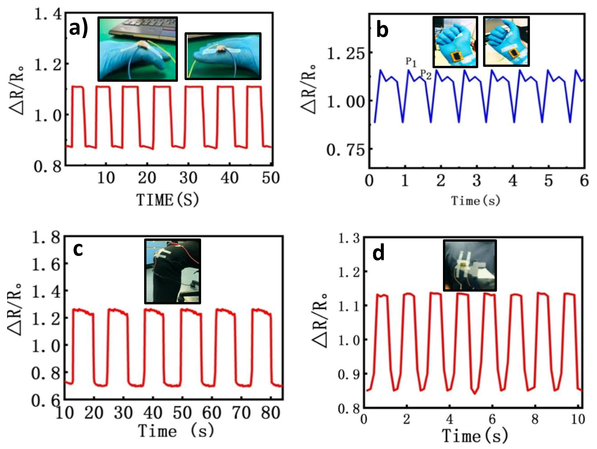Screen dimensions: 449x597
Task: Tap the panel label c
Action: tap(78, 250)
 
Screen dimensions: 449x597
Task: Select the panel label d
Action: tap(378, 254)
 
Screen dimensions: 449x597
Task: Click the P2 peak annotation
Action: tap(426, 74)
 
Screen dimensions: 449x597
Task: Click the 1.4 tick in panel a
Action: tap(48, 14)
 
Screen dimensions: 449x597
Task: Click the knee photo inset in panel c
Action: tap(172, 271)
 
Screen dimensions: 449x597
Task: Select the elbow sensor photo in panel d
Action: tap(470, 265)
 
